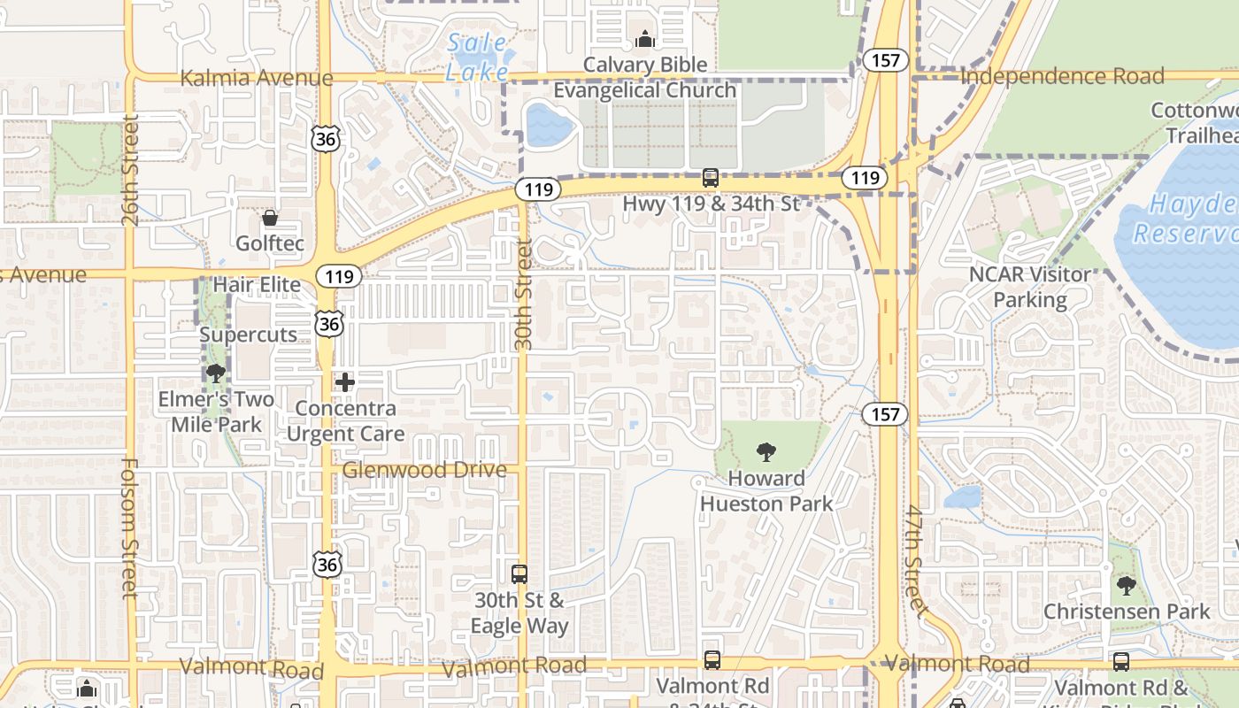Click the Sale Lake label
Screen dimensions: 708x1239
478,57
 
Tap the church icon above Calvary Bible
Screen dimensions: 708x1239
645,38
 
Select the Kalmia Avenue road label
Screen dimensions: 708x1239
257,78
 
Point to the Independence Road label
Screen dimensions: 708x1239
1062,76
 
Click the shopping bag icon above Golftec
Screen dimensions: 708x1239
270,218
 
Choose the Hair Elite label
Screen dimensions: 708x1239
257,285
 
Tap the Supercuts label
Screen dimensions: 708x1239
248,335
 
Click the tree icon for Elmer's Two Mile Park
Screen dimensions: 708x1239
215,373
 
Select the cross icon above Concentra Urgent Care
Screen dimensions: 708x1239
345,382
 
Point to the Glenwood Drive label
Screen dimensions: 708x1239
425,470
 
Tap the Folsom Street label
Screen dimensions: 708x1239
130,527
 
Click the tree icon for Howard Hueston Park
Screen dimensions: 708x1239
766,452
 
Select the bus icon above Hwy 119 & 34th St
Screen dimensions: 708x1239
710,178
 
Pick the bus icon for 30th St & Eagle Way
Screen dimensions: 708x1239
519,573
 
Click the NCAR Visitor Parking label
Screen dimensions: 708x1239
1030,287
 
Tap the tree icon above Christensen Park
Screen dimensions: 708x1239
1126,585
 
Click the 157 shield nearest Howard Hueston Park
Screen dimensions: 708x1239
885,413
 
